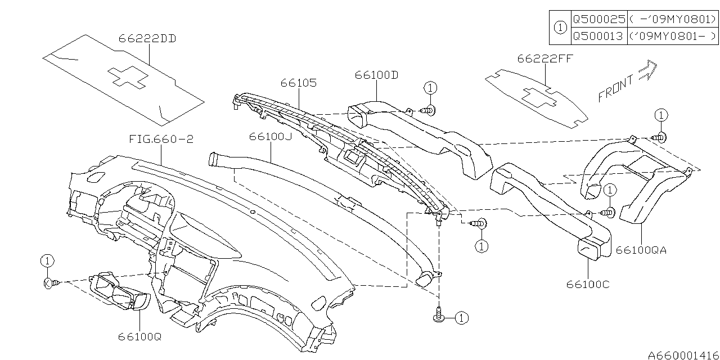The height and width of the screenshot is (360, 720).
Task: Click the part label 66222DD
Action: click(147, 39)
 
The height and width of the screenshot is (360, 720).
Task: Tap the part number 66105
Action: click(299, 83)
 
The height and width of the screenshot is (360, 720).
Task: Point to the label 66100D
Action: click(376, 75)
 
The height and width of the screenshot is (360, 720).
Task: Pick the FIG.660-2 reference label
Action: click(160, 138)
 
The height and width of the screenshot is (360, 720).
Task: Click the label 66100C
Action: click(588, 284)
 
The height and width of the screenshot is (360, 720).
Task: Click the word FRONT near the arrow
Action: click(616, 88)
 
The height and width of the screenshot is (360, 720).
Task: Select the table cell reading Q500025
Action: click(598, 19)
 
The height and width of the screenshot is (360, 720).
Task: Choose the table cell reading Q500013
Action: click(598, 36)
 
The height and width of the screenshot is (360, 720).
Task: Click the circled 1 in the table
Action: click(560, 27)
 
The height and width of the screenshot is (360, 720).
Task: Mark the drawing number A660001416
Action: click(683, 355)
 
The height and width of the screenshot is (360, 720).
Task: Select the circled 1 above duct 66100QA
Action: click(660, 115)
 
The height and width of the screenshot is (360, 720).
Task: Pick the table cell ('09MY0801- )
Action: click(673, 36)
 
